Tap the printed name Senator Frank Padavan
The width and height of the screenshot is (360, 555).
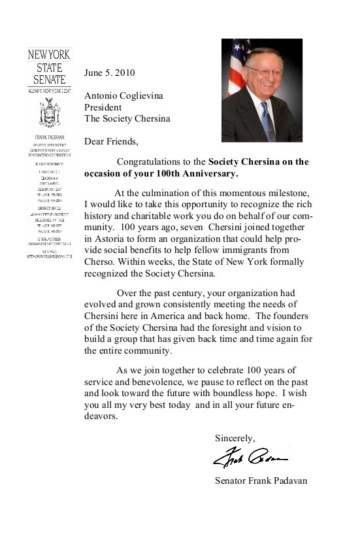pos(260,481)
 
